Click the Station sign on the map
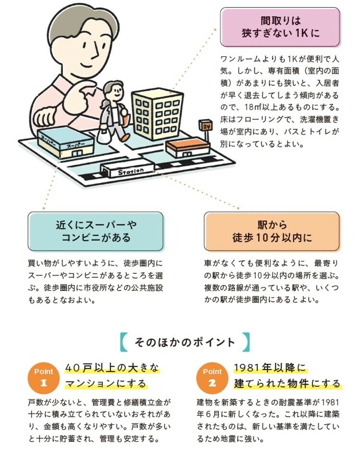point(131,171)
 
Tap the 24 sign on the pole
point(205,125)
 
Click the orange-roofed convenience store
point(188,148)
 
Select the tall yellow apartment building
point(157,114)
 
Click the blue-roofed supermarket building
point(66,143)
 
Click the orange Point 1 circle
point(44,378)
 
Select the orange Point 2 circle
point(212,378)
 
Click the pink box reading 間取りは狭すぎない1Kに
point(280,27)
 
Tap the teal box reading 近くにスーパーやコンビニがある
point(96,232)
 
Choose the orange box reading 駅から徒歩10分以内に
point(272,232)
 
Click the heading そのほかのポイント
point(185,342)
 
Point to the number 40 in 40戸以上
point(72,368)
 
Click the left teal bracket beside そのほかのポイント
point(123,342)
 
